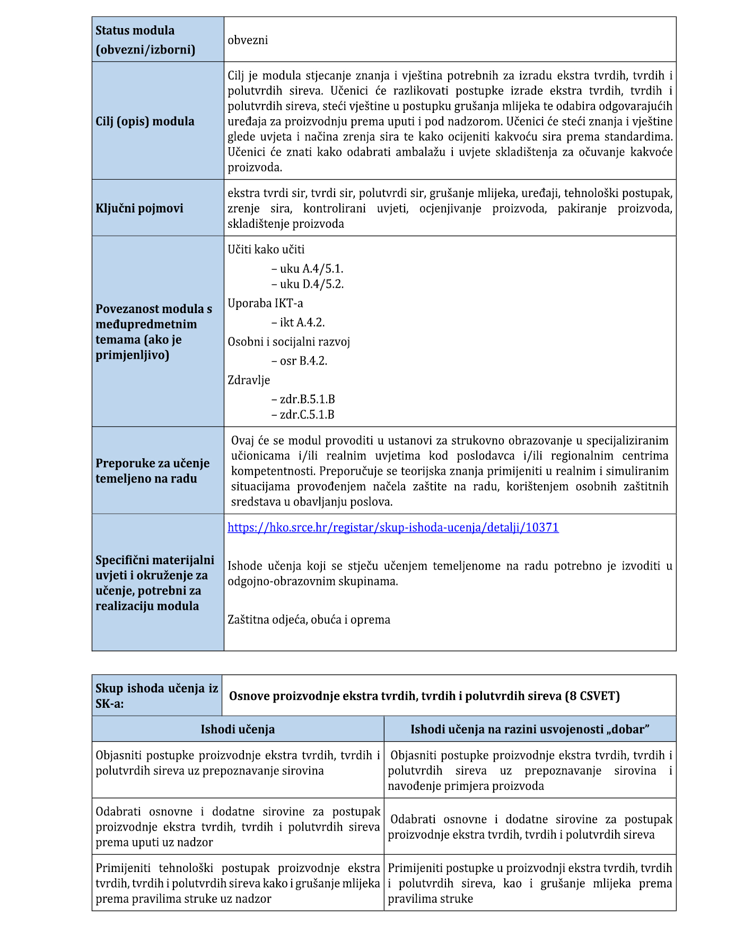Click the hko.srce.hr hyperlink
pos(393,528)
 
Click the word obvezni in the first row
pos(248,40)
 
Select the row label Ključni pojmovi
pos(139,208)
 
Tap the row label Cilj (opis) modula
pos(145,121)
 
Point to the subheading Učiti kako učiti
pos(266,250)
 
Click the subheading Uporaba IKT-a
pos(265,304)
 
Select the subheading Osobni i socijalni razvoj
pos(289,342)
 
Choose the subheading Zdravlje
pos(249,380)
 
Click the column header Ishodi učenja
pos(238,729)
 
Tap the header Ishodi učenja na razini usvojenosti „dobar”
pos(530,729)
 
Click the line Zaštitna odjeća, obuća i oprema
pos(309,620)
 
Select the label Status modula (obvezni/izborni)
pos(145,40)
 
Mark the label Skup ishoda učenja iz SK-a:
pos(156,696)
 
